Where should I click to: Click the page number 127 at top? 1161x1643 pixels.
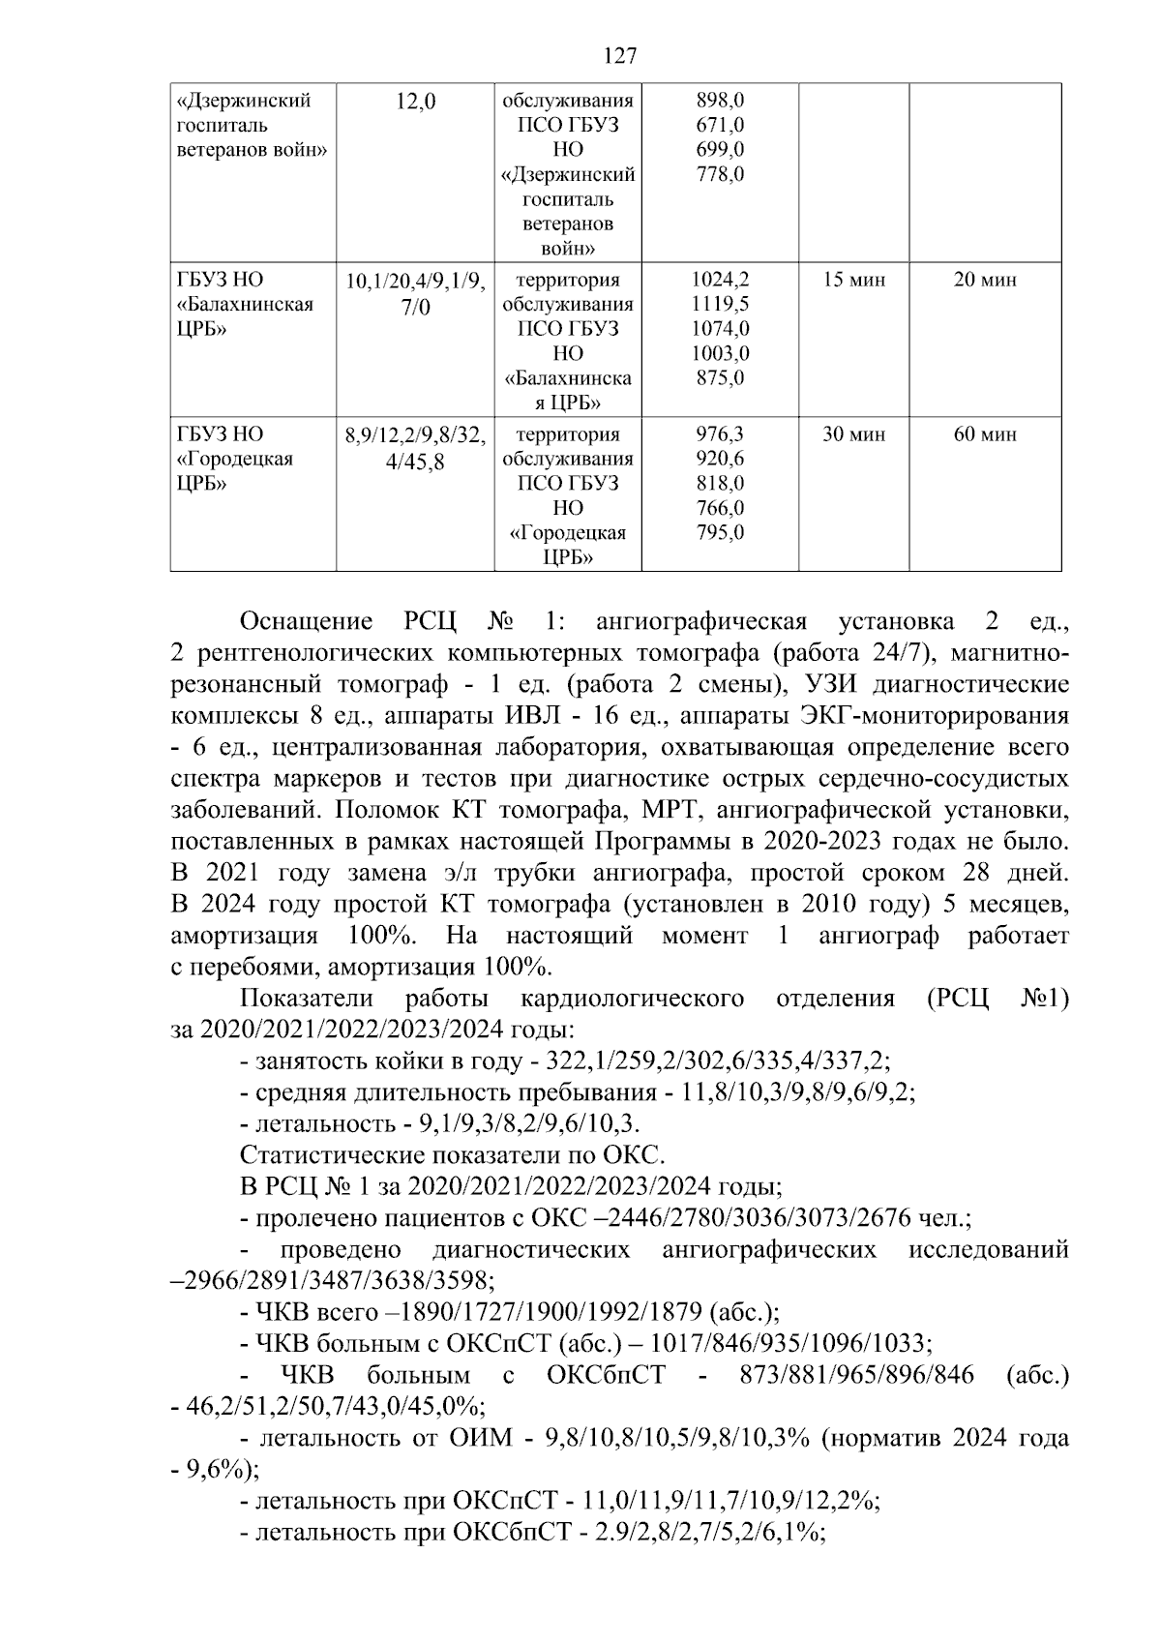pyautogui.click(x=619, y=56)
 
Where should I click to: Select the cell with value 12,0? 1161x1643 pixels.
pyautogui.click(x=416, y=102)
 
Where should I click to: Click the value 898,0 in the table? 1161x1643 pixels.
pyautogui.click(x=720, y=101)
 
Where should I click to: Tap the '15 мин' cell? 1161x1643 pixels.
pyautogui.click(x=853, y=281)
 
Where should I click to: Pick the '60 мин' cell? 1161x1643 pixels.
pyautogui.click(x=985, y=435)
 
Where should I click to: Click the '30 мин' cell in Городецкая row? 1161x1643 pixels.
pyautogui.click(x=853, y=435)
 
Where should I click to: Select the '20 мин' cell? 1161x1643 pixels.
pyautogui.click(x=985, y=281)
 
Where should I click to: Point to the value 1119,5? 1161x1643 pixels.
pyautogui.click(x=720, y=305)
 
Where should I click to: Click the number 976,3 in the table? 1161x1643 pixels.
pyautogui.click(x=720, y=435)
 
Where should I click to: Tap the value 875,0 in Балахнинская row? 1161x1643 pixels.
pyautogui.click(x=720, y=378)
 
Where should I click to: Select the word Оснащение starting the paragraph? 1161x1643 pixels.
pyautogui.click(x=306, y=621)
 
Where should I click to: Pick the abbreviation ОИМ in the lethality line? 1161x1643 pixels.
pyautogui.click(x=481, y=1438)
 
